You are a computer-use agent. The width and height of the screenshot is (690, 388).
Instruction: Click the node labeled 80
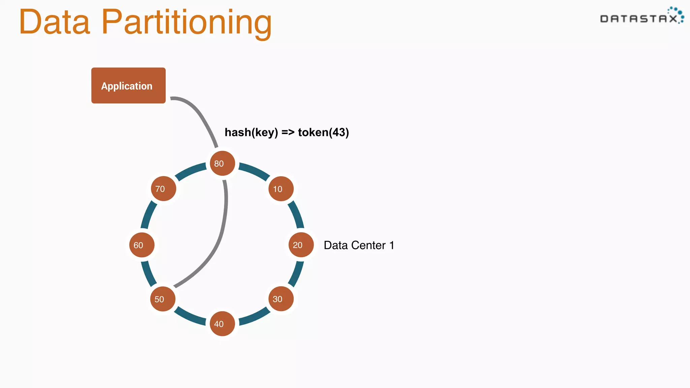pyautogui.click(x=222, y=163)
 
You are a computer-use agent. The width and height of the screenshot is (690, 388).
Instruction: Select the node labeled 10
pyautogui.click(x=281, y=189)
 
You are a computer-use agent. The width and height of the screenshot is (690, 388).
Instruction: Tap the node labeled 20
pyautogui.click(x=301, y=245)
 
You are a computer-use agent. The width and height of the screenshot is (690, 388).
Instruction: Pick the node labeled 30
pyautogui.click(x=281, y=299)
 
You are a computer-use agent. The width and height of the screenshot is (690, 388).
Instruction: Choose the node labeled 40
pyautogui.click(x=222, y=324)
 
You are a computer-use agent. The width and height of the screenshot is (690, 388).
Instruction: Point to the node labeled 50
pyautogui.click(x=163, y=299)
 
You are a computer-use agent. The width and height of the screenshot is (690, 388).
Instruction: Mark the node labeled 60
pyautogui.click(x=142, y=245)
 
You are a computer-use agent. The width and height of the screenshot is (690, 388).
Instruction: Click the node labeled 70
pyautogui.click(x=163, y=189)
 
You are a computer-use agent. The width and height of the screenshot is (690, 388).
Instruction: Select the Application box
pyautogui.click(x=128, y=86)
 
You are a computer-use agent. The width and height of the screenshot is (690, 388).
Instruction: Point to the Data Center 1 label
pyautogui.click(x=359, y=245)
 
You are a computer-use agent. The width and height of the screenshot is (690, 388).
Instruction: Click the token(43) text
pyautogui.click(x=323, y=132)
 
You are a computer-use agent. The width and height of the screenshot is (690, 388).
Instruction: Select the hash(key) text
pyautogui.click(x=251, y=132)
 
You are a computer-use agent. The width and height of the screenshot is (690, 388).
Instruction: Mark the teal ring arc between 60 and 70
pyautogui.click(x=149, y=216)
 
